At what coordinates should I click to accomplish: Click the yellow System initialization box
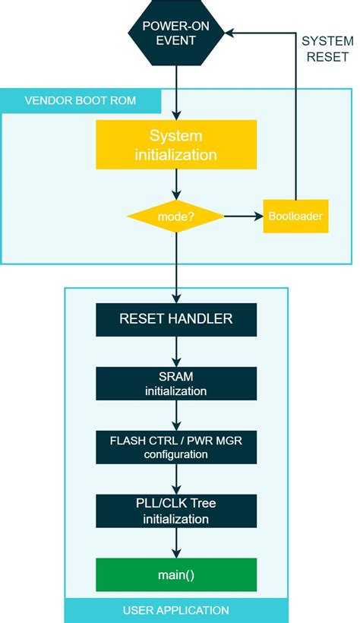tap(176, 145)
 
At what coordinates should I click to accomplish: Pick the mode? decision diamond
tap(176, 217)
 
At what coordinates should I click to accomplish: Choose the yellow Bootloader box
tap(295, 217)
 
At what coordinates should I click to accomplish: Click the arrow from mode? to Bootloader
tap(243, 217)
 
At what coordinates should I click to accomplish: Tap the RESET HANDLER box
tap(176, 319)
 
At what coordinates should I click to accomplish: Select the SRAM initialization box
tap(176, 384)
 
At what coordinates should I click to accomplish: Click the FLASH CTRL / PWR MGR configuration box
tap(176, 447)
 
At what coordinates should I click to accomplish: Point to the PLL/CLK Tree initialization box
tap(176, 511)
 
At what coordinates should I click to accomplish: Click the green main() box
tap(176, 574)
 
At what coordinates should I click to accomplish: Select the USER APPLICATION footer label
tap(176, 610)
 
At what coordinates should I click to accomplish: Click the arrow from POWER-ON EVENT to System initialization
tap(176, 91)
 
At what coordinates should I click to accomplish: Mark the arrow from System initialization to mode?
tap(176, 185)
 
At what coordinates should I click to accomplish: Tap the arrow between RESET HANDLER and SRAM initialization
tap(176, 351)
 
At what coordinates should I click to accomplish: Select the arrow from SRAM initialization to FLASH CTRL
tap(176, 415)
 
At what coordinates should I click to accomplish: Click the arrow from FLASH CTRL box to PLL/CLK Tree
tap(176, 479)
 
